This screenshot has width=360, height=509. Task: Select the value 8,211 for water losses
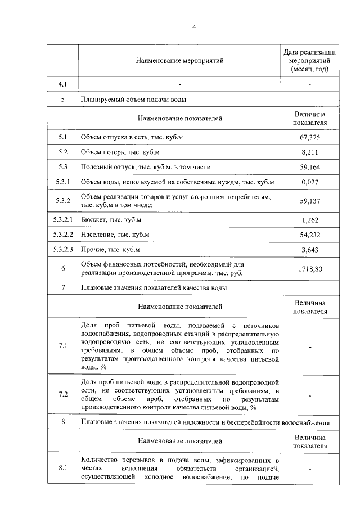click(310, 152)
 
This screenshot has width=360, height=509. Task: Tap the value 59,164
click(310, 167)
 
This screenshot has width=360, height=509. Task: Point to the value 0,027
click(310, 182)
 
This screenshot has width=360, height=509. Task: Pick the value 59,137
click(310, 200)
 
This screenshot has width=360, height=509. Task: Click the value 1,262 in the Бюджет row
click(310, 219)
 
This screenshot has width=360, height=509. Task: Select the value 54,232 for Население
click(310, 234)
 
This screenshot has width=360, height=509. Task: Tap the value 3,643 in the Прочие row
click(310, 249)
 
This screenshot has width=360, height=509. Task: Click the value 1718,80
click(310, 269)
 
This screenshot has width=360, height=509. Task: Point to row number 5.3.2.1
click(62, 219)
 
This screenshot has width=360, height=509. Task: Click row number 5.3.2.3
click(62, 249)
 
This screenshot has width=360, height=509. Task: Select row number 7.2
click(62, 395)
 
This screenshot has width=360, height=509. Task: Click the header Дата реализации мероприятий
click(310, 60)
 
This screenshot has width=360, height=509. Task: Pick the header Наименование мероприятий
click(179, 60)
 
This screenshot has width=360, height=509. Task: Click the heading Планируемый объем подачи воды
click(134, 99)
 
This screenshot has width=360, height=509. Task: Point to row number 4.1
click(62, 84)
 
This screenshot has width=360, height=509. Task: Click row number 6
click(62, 269)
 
